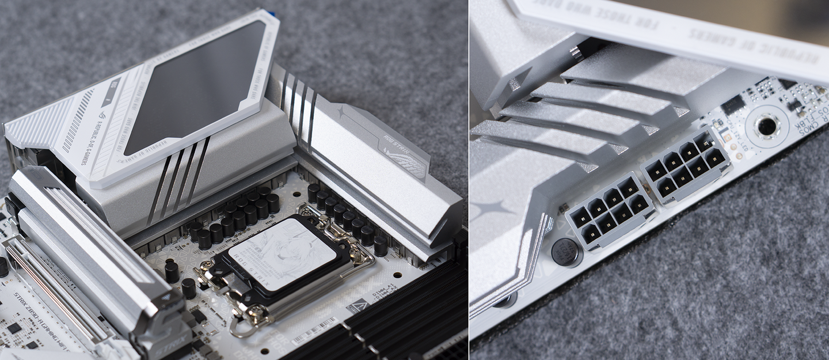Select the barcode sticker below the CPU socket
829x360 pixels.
tap(314, 331)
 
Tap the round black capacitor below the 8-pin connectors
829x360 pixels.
tap(566, 252)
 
